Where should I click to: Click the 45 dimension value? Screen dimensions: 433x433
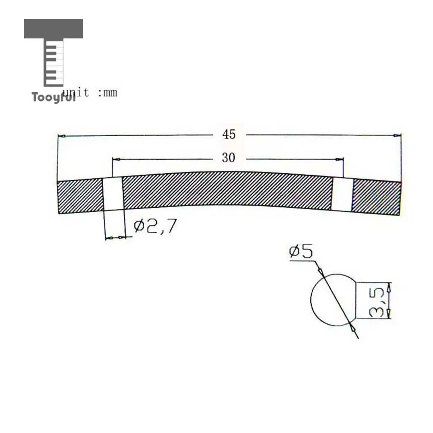(229, 134)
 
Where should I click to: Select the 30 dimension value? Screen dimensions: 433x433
(228, 158)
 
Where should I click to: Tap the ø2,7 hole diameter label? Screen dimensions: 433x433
(155, 226)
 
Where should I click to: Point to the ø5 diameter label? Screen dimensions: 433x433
(301, 251)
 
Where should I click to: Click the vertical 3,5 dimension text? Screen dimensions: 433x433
(376, 302)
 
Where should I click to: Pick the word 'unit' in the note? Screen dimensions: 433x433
(76, 93)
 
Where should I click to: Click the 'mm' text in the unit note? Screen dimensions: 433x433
(110, 93)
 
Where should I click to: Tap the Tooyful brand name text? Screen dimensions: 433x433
(53, 97)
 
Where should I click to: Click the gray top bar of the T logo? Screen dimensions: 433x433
(53, 28)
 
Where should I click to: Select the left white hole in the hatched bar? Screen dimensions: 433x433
(113, 194)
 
